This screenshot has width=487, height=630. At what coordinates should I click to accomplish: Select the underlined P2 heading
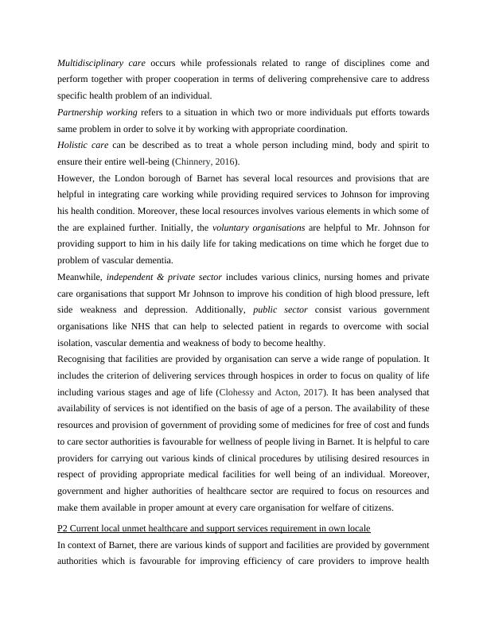(x=214, y=529)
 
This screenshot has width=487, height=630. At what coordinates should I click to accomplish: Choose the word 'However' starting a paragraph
(x=75, y=179)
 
